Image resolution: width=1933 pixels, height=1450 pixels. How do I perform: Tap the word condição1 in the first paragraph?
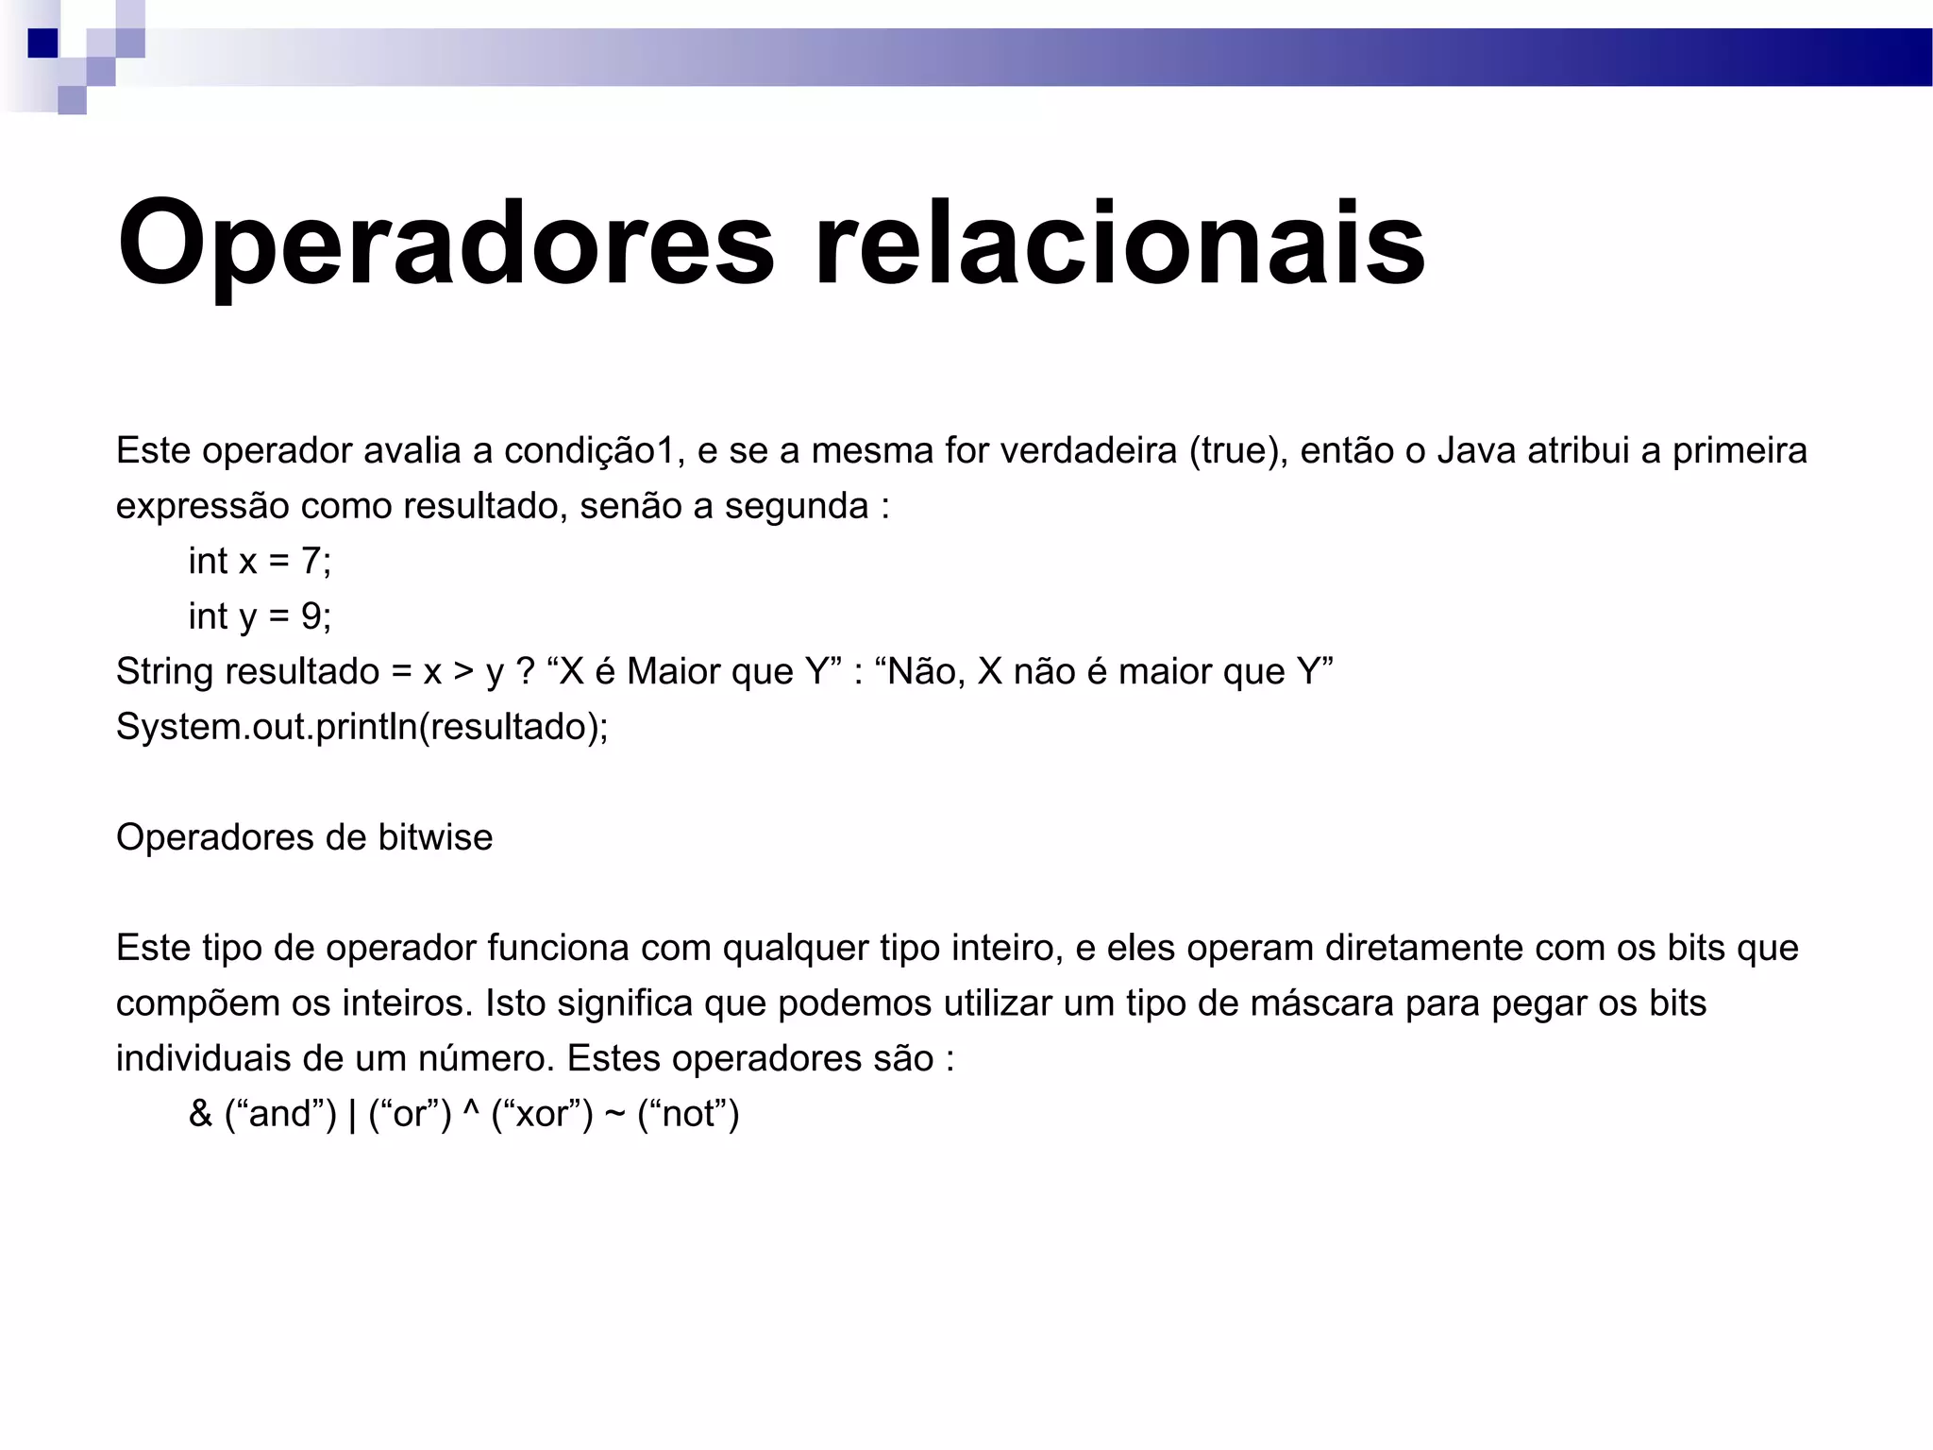click(x=589, y=451)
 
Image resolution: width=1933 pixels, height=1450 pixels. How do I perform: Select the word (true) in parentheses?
click(x=1238, y=451)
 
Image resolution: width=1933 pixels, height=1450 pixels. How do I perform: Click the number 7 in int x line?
click(x=311, y=562)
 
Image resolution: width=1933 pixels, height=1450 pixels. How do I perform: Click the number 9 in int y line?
click(x=311, y=616)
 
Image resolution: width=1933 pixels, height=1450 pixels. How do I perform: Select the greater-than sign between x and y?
click(x=462, y=672)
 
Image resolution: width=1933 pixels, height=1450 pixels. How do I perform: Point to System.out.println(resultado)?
click(x=361, y=727)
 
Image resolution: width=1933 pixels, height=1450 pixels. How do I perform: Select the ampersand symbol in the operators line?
click(x=200, y=1114)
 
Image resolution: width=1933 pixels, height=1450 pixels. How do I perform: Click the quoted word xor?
click(x=542, y=1115)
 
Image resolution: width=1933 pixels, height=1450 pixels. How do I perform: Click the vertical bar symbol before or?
click(x=352, y=1115)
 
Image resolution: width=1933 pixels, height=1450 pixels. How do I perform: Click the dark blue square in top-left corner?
click(x=42, y=43)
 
